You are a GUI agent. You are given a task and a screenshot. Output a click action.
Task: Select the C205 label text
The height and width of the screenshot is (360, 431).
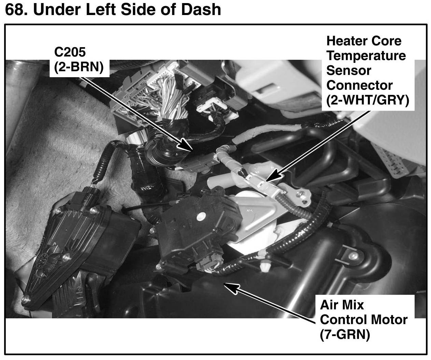point(70,52)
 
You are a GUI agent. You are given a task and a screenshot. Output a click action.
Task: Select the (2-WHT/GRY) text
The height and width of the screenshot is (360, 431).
point(367,100)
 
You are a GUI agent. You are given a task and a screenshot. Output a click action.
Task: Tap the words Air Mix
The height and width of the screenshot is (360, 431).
point(342,304)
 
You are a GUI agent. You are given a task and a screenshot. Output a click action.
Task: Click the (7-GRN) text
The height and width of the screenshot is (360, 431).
point(345,334)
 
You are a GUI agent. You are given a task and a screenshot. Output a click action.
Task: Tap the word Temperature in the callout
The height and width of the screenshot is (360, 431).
point(366,56)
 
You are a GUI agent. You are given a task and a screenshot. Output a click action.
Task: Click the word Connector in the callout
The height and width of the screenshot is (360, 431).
point(359,85)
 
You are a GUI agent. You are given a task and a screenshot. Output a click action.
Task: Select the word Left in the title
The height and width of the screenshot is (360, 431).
point(101,10)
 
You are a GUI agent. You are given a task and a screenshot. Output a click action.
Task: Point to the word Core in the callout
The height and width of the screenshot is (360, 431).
point(387,41)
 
